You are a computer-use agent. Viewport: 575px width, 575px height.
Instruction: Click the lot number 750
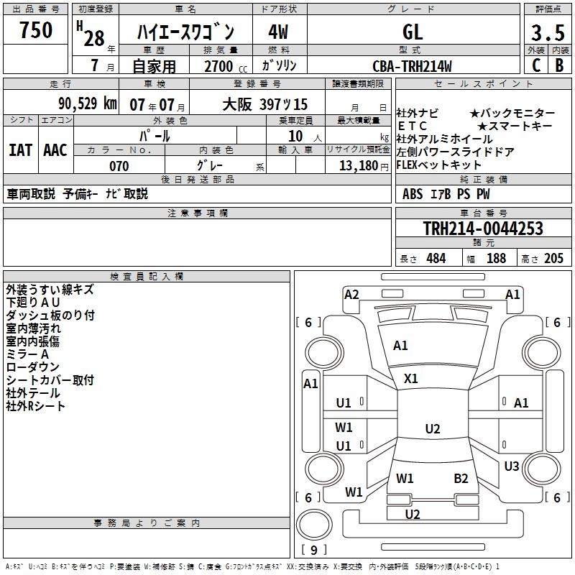point(36,30)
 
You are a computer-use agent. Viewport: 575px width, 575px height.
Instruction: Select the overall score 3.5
point(547,34)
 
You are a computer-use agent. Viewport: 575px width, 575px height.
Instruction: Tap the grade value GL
point(413,32)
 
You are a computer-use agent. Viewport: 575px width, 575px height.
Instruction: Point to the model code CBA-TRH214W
point(412,66)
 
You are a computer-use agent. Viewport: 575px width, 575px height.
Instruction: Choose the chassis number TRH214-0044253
point(482,229)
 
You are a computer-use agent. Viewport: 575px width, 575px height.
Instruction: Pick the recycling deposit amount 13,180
point(358,165)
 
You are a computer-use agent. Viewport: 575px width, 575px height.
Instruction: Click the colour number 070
point(119,166)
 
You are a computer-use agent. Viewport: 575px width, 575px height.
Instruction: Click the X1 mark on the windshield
point(411,378)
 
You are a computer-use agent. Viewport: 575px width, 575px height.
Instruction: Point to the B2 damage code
point(461,478)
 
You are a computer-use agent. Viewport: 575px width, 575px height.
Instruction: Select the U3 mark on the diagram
point(511,466)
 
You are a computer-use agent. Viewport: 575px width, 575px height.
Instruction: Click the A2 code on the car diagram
point(351,294)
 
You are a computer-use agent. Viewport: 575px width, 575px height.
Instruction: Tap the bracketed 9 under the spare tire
point(313,551)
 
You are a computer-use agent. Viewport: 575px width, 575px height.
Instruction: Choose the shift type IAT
point(21,150)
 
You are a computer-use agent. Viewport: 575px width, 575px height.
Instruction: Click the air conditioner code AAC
point(55,150)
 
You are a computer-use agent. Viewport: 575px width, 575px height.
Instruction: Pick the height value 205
point(553,259)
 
